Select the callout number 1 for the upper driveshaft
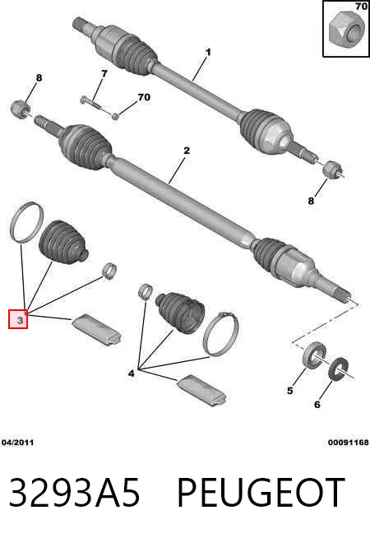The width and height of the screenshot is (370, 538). click(x=208, y=53)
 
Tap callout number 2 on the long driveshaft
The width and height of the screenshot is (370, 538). click(x=186, y=151)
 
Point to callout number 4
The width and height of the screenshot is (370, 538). click(x=131, y=373)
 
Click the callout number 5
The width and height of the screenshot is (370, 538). click(x=290, y=391)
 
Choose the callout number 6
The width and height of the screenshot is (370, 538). click(x=317, y=405)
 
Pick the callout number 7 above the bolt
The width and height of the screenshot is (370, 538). click(x=104, y=73)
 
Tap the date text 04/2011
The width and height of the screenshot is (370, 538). click(x=18, y=443)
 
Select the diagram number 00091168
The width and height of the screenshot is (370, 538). click(x=348, y=443)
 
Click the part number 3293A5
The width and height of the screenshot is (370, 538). click(x=75, y=493)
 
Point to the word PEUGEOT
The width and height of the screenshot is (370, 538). click(x=261, y=493)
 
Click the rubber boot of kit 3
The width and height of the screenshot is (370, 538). click(x=63, y=243)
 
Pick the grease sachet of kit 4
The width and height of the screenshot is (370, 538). click(x=201, y=390)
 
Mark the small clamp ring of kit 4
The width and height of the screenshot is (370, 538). click(x=146, y=291)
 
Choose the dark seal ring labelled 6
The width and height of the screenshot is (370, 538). click(x=339, y=369)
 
